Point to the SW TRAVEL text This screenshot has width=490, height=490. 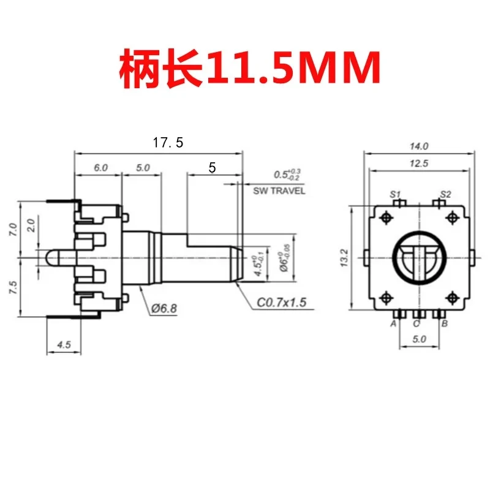(279, 191)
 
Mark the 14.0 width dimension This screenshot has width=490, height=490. (420, 146)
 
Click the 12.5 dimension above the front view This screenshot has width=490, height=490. (420, 163)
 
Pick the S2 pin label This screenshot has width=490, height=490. (445, 194)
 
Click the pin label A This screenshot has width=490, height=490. (393, 323)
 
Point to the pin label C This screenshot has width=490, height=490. (417, 323)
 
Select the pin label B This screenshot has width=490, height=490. (443, 323)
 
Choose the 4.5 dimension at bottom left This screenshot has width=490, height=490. (64, 345)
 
